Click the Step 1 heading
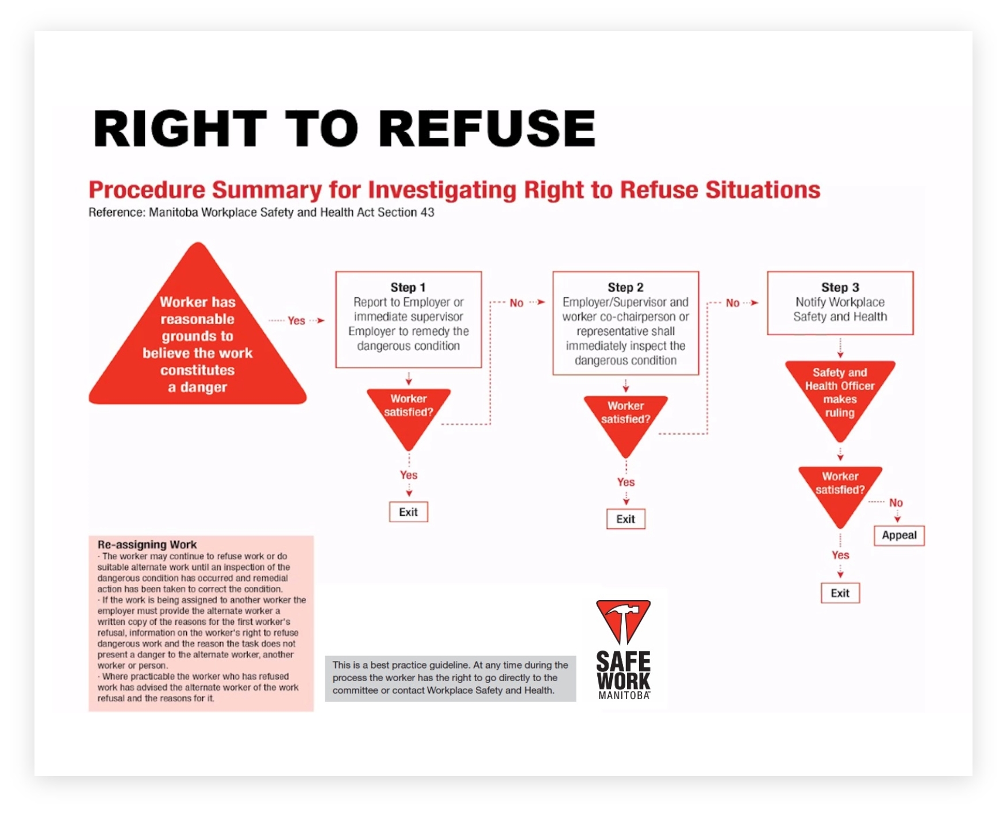point(408,287)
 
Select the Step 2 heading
point(625,287)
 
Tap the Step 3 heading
point(840,287)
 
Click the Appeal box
point(899,535)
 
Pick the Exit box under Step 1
point(409,512)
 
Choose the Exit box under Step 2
point(625,519)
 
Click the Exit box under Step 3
point(840,593)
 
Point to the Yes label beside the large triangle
point(297,321)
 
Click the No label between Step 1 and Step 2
point(517,303)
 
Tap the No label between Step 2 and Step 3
point(733,303)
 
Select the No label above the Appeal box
point(896,502)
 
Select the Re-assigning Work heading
point(147,544)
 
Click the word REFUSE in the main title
point(487,128)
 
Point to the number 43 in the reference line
point(427,212)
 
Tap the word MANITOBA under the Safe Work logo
point(624,695)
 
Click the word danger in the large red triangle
point(203,387)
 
